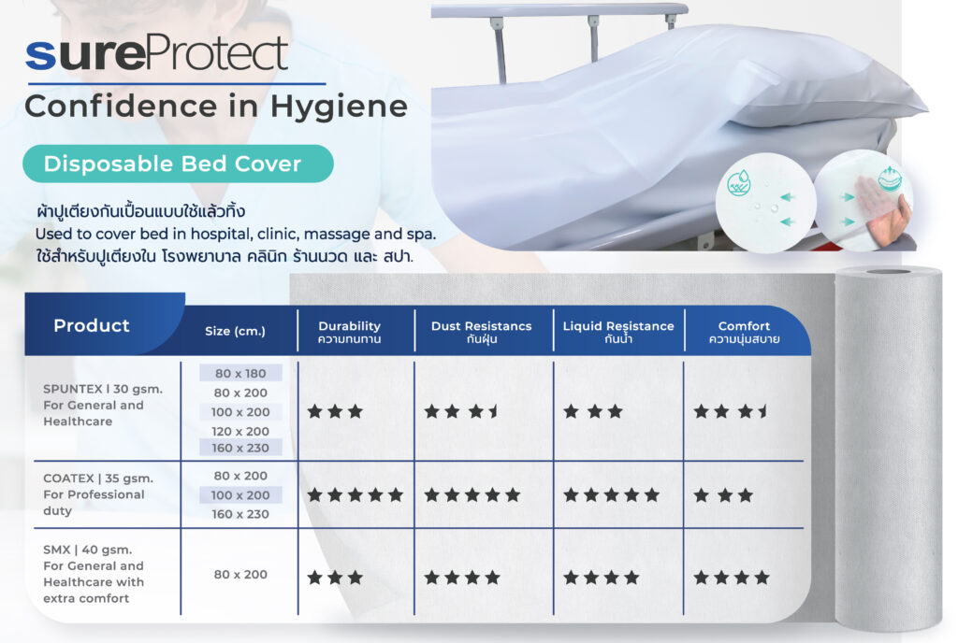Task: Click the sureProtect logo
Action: (156, 54)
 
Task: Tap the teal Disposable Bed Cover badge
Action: (178, 164)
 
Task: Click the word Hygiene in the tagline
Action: (339, 107)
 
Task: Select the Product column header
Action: (92, 325)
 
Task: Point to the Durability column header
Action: (350, 332)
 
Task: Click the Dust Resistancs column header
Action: (482, 332)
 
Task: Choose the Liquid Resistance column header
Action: (618, 332)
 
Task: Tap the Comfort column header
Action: (744, 332)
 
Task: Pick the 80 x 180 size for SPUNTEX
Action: (240, 373)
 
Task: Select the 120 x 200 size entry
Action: (240, 431)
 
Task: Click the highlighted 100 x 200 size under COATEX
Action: (240, 494)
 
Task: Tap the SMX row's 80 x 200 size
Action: (240, 574)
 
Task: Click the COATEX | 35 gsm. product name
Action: (98, 479)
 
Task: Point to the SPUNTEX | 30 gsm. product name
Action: (103, 389)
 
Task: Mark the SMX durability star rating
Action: (335, 578)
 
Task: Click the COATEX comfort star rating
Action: (723, 494)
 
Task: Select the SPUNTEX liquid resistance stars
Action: (593, 411)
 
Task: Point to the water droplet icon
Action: (739, 183)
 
